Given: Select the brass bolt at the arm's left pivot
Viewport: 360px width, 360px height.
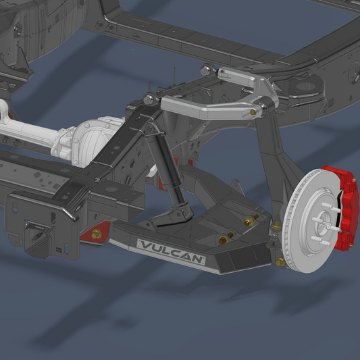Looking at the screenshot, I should point(97,234).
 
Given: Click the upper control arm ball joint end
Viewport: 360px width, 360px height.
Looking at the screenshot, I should point(265,105).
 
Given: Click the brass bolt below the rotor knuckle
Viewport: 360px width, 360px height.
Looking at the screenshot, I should point(280,261).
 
